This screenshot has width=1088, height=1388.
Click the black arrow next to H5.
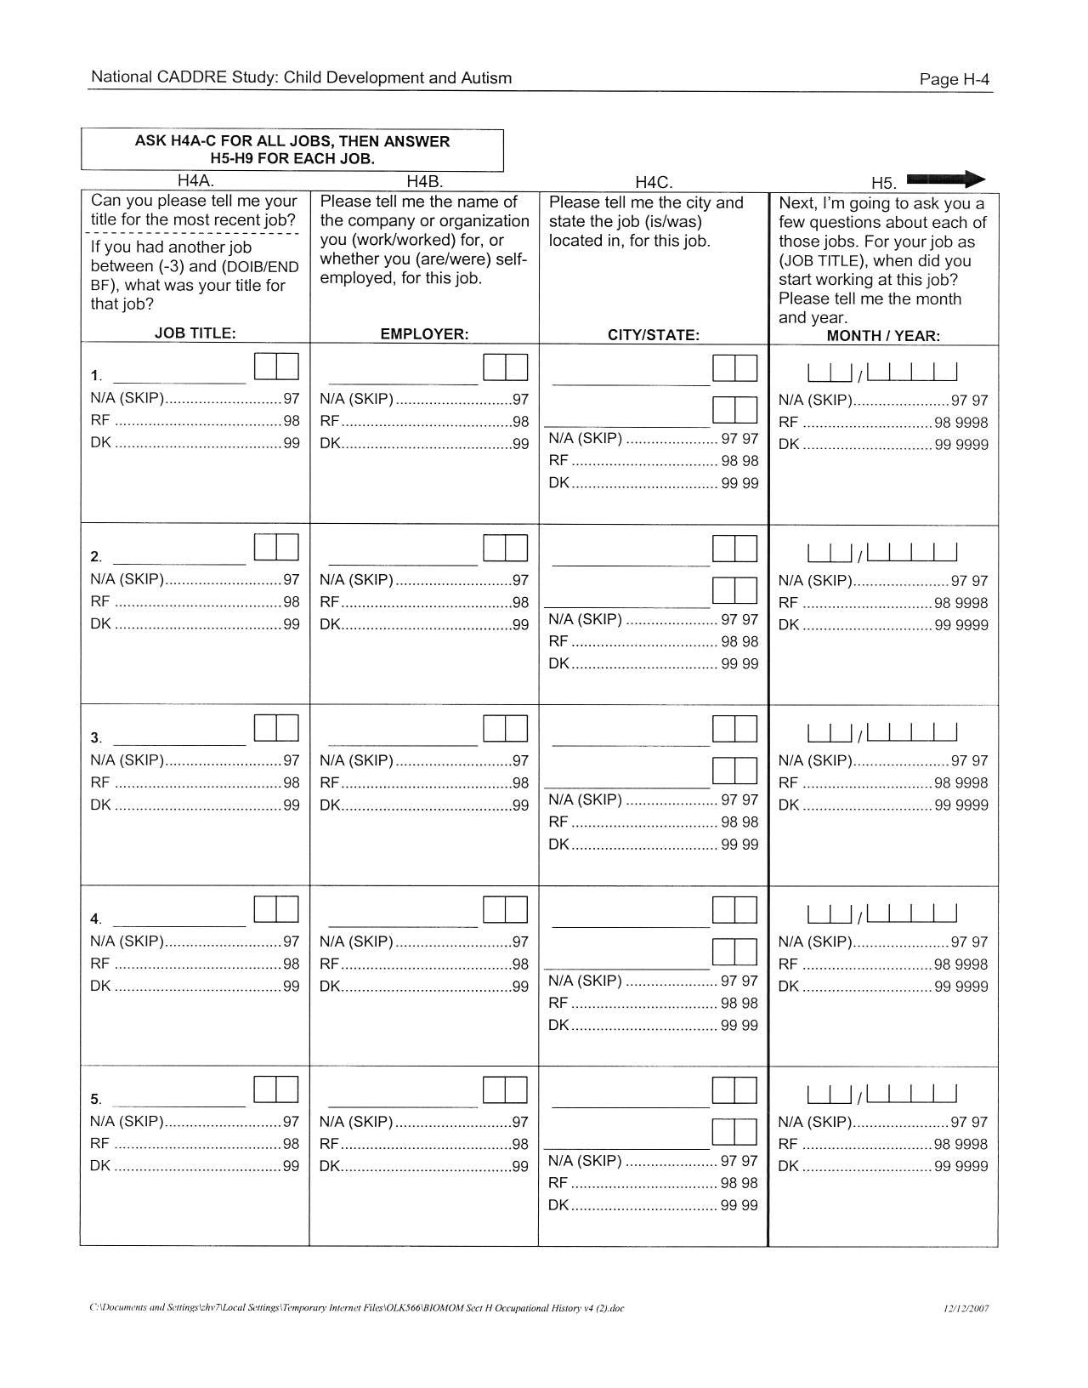click(945, 179)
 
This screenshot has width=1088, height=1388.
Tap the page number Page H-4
click(955, 80)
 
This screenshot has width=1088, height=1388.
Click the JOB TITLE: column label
click(195, 333)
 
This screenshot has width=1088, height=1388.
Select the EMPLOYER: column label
click(424, 334)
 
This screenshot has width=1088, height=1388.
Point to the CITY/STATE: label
click(653, 335)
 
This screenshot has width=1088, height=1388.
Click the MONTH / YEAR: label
click(883, 336)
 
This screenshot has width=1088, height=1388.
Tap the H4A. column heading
click(195, 180)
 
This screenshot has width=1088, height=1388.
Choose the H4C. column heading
click(654, 182)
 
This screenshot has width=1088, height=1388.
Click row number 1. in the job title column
click(96, 376)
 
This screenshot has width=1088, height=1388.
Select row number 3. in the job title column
click(96, 737)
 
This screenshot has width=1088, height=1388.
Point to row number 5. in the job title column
click(96, 1099)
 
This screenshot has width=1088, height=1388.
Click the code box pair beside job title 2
click(276, 547)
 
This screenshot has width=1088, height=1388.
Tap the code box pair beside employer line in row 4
click(505, 909)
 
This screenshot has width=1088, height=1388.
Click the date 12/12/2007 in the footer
click(966, 1308)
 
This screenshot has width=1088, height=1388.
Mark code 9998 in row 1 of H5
click(972, 423)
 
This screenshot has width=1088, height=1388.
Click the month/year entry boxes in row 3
click(882, 732)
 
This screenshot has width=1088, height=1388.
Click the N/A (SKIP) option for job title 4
click(127, 941)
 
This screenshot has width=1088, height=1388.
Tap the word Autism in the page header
click(486, 78)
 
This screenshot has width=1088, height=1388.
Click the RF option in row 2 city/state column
click(558, 641)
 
